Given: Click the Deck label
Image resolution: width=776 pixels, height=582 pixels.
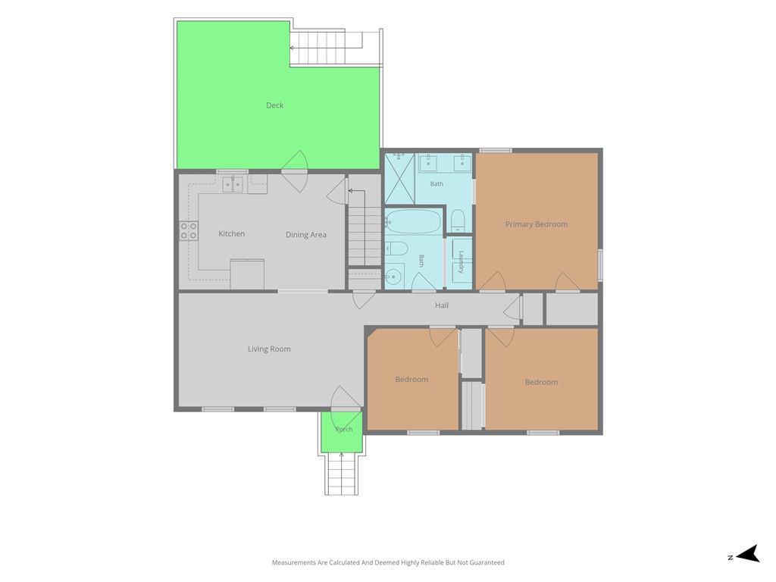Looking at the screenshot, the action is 274,105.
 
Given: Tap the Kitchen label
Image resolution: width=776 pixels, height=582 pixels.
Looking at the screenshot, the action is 232,233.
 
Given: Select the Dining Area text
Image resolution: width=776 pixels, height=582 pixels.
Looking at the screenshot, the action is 306,235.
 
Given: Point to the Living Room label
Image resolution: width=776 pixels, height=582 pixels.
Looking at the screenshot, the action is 269,349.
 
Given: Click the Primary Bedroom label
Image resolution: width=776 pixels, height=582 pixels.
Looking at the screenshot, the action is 537,224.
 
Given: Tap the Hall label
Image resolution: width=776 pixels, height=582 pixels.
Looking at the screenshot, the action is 442,305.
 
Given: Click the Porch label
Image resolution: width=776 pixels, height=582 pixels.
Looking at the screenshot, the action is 344,429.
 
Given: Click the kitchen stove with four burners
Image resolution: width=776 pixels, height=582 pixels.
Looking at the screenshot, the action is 189,230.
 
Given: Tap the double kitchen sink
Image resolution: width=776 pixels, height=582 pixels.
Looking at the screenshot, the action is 233,185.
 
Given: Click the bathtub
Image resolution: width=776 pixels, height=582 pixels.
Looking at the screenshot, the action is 413,221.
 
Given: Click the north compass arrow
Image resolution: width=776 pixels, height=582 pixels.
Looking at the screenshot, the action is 748,553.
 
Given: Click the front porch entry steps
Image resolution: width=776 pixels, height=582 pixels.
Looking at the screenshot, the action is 342,474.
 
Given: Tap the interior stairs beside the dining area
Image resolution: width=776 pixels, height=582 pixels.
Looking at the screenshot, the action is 365,227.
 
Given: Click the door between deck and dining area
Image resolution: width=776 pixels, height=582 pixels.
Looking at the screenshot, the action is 295,171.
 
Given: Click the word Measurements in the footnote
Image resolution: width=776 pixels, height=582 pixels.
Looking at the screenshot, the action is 293,562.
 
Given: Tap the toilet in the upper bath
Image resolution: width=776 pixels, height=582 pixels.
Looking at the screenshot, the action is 458,220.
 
